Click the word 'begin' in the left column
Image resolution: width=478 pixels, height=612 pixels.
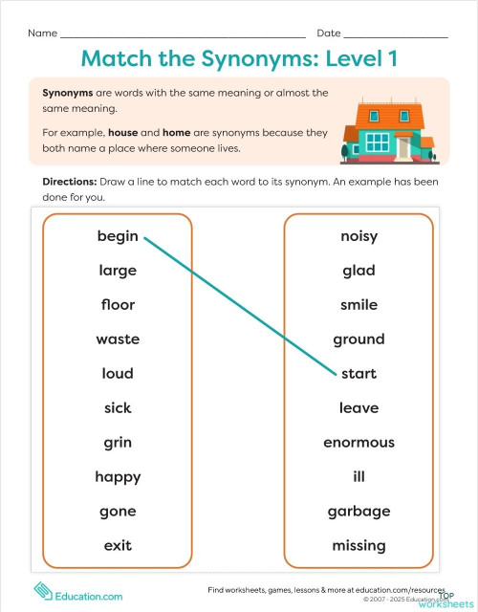coord(118,236)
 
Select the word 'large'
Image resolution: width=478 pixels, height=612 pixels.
coord(118,271)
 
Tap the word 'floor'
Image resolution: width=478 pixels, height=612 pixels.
coord(118,305)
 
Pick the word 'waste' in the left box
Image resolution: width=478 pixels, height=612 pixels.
coord(118,339)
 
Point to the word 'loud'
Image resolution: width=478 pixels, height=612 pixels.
coord(118,374)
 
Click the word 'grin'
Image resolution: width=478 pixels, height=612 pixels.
coord(118,443)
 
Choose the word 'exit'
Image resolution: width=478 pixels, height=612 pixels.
coord(118,546)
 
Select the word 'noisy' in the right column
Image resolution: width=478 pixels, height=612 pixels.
coord(358,236)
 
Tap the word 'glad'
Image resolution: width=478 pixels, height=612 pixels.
coord(358,271)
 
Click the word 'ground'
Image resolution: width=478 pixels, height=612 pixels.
coord(358,339)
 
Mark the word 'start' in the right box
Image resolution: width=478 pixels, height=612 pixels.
coord(359,374)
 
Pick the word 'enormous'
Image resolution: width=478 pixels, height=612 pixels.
coord(358,443)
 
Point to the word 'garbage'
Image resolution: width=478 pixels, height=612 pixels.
coord(358,512)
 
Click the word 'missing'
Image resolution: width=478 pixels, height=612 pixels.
coord(358,546)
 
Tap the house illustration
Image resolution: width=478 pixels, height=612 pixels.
coord(387,130)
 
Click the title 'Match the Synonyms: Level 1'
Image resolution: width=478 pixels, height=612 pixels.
coord(239,58)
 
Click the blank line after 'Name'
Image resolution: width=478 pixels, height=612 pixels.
coord(182,34)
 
